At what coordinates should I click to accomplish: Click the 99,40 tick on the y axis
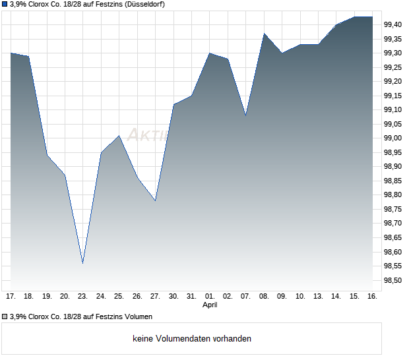pyautogui.click(x=393, y=24)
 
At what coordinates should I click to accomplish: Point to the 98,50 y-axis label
pyautogui.click(x=393, y=281)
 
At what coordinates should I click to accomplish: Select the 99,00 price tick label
pyautogui.click(x=393, y=138)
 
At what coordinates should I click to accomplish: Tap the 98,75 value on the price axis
pyautogui.click(x=393, y=210)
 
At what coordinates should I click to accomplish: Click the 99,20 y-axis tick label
pyautogui.click(x=393, y=81)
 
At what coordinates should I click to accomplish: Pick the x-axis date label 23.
pyautogui.click(x=82, y=297)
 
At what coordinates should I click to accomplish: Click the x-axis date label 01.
pyautogui.click(x=210, y=297)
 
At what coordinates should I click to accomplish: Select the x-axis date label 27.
pyautogui.click(x=155, y=297)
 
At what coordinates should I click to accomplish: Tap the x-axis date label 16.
pyautogui.click(x=372, y=297)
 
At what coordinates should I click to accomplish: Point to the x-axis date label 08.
pyautogui.click(x=264, y=297)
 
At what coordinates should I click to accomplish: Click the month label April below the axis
pyautogui.click(x=210, y=305)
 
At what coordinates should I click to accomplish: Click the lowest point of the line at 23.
pyautogui.click(x=82, y=263)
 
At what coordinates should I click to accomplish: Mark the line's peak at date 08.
pyautogui.click(x=264, y=33)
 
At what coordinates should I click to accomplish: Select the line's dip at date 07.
pyautogui.click(x=246, y=115)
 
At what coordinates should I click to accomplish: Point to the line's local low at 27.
pyautogui.click(x=155, y=200)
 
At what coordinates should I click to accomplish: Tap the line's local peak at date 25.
pyautogui.click(x=119, y=136)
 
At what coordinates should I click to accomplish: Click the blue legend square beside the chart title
pyautogui.click(x=5, y=5)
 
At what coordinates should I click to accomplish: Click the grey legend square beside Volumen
pyautogui.click(x=5, y=316)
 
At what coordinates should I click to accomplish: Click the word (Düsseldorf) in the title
pyautogui.click(x=141, y=5)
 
